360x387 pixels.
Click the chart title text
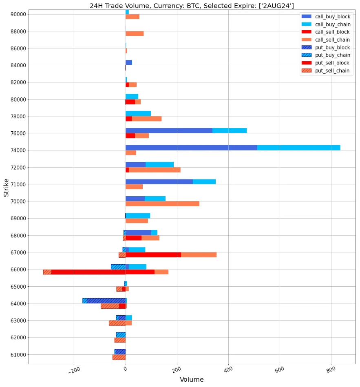pyautogui.click(x=192, y=6)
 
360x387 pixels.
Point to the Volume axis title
pyautogui.click(x=192, y=380)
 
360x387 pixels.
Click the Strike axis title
pyautogui.click(x=6, y=187)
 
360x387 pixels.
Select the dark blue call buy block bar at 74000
pyautogui.click(x=191, y=148)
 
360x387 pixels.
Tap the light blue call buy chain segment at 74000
pyautogui.click(x=298, y=148)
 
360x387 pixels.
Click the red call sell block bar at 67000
pyautogui.click(x=153, y=254)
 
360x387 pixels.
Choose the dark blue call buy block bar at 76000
pyautogui.click(x=169, y=130)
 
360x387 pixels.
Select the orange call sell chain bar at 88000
pyautogui.click(x=135, y=33)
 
